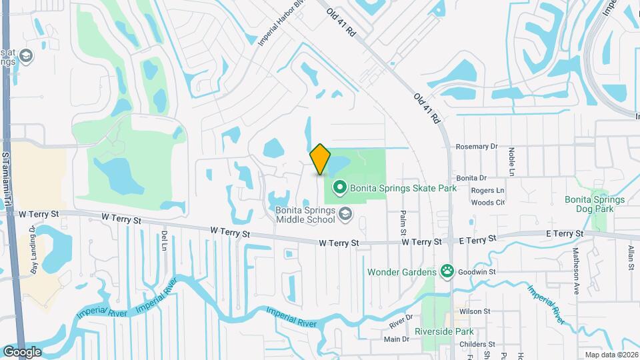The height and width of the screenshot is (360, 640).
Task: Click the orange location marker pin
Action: click(x=321, y=159)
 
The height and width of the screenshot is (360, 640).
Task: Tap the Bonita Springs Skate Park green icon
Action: click(x=339, y=189)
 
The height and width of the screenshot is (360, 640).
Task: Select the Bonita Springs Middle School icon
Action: click(x=345, y=213)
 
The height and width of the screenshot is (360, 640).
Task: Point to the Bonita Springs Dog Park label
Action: click(x=595, y=204)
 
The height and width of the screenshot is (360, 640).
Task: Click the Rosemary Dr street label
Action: click(x=477, y=146)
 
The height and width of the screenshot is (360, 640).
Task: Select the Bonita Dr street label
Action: click(x=472, y=178)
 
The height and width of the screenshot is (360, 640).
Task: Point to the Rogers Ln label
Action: click(x=487, y=191)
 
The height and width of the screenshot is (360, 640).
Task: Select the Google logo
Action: click(x=22, y=351)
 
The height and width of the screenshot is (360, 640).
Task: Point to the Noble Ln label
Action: click(x=512, y=161)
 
